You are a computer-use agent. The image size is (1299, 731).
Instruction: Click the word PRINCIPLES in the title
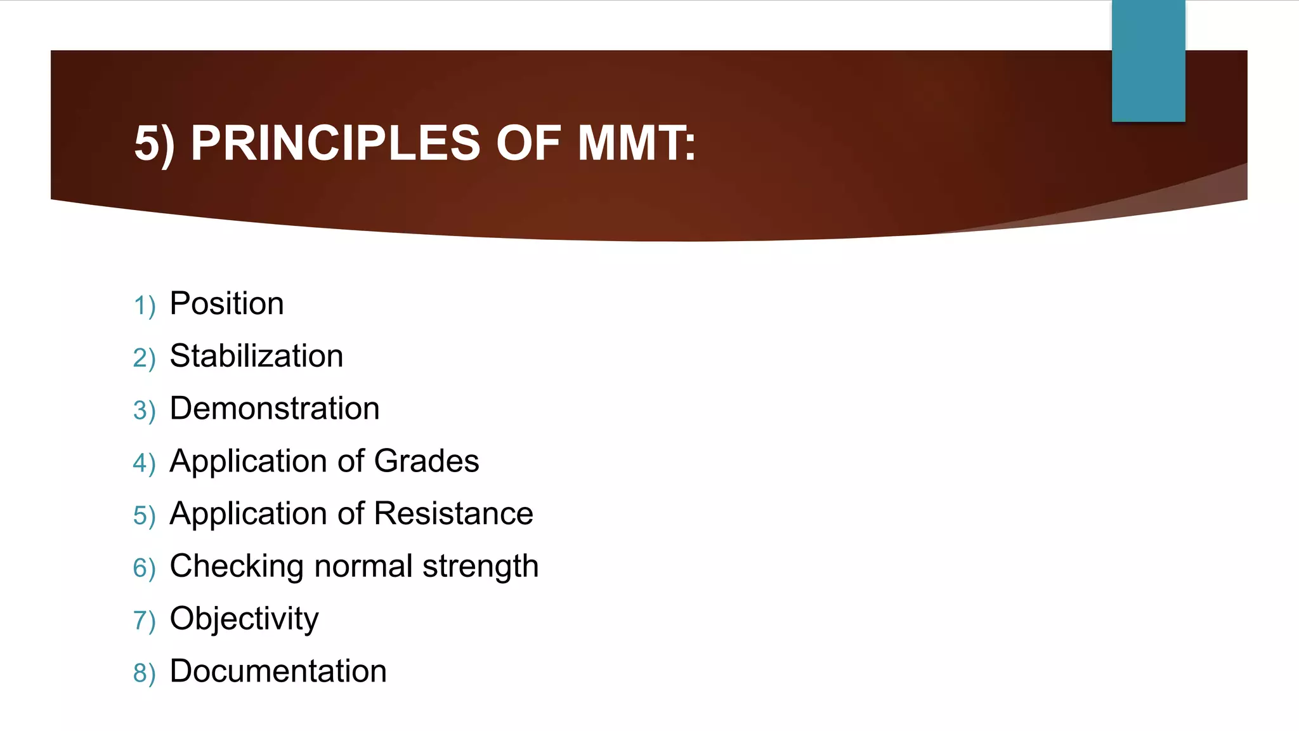336,143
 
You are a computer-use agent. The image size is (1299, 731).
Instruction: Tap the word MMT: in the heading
636,143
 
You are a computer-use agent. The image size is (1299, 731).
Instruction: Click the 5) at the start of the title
154,144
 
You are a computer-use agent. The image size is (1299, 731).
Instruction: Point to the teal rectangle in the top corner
1148,61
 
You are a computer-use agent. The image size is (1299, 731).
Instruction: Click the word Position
226,303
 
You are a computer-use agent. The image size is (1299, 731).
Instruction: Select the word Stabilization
256,356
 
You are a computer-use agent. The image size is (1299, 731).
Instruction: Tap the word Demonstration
275,408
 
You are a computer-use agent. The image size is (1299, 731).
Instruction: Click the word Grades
426,461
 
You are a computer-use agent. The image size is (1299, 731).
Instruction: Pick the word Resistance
454,513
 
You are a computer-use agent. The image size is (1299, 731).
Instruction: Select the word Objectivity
244,619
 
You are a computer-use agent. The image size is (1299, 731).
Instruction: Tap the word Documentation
278,671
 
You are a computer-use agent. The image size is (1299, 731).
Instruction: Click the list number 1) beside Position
145,306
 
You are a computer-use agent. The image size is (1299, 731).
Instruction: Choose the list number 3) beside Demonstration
145,411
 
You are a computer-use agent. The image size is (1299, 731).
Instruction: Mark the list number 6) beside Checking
145,568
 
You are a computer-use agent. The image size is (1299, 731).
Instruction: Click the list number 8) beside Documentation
145,673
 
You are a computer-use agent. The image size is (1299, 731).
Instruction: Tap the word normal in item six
363,566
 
